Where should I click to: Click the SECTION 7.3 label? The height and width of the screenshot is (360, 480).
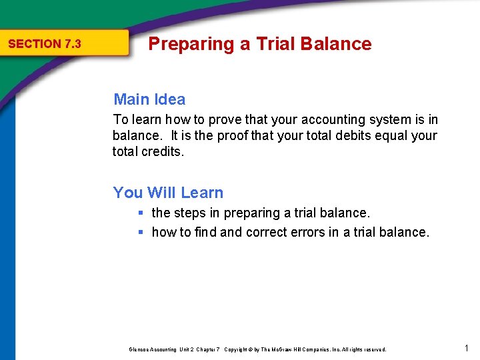(x=44, y=44)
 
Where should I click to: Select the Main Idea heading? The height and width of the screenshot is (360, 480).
(x=149, y=99)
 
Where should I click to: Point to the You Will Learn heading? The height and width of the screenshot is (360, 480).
(x=168, y=193)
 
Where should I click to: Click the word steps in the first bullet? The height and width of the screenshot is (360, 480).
(x=189, y=213)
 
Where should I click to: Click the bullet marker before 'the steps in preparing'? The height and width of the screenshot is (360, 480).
(x=141, y=213)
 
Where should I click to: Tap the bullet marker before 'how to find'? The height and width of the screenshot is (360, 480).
(x=141, y=232)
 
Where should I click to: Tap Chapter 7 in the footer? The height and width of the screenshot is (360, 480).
(x=208, y=349)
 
